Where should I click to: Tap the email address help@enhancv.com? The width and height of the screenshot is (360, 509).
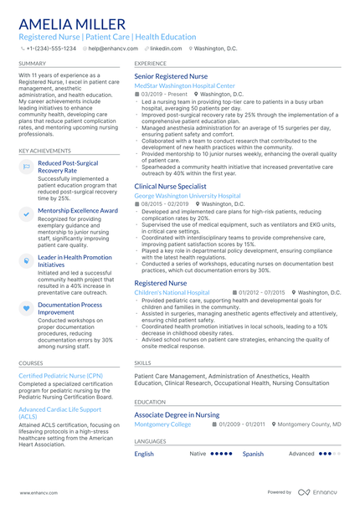click(112, 49)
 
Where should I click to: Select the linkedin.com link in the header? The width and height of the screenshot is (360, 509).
click(166, 49)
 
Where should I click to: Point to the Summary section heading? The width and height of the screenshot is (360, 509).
click(33, 63)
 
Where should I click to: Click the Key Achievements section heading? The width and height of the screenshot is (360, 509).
click(44, 151)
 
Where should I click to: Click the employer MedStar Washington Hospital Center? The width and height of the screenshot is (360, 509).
click(184, 85)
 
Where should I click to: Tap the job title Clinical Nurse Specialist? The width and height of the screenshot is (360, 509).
click(170, 186)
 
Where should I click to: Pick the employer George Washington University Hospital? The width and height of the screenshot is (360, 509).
click(187, 196)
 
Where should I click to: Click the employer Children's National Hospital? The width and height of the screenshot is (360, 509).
click(172, 292)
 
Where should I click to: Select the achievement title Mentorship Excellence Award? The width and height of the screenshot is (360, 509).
click(78, 211)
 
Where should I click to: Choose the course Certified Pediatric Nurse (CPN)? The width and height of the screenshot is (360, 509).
click(60, 377)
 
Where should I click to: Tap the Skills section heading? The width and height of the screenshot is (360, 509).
click(142, 363)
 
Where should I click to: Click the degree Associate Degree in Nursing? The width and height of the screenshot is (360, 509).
click(177, 414)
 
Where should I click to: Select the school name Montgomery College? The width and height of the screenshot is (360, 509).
click(162, 424)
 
